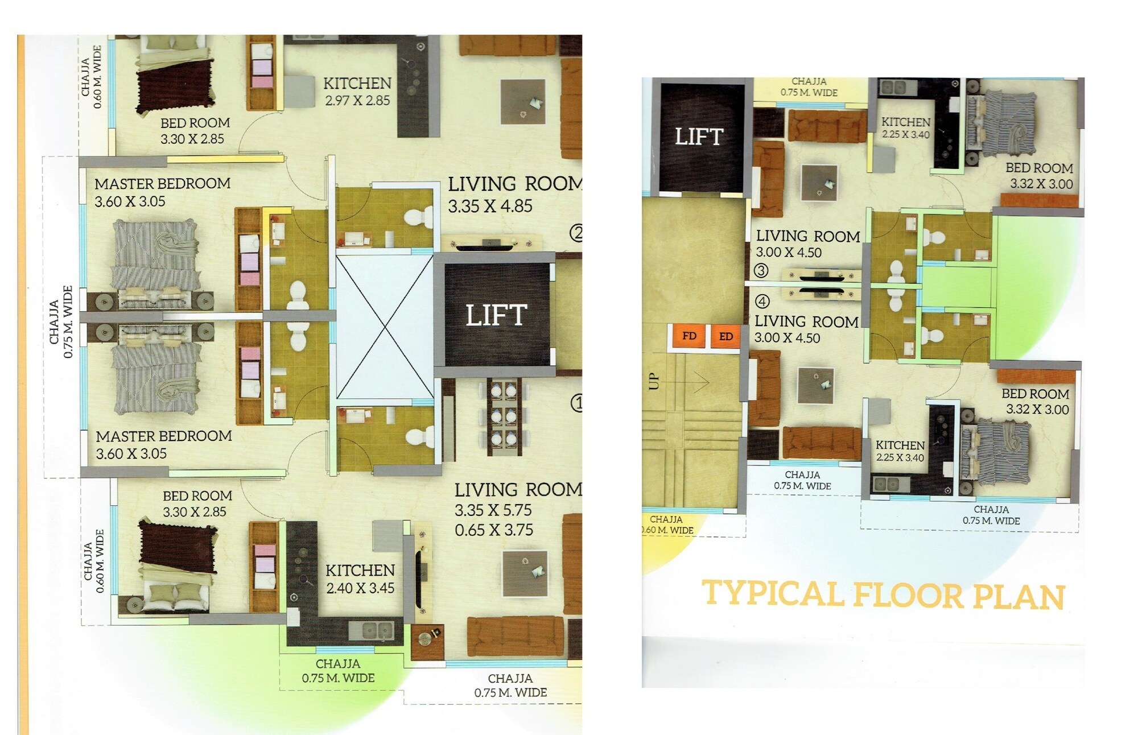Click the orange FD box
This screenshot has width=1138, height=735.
pyautogui.click(x=689, y=336)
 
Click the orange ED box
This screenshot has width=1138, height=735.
pyautogui.click(x=725, y=336)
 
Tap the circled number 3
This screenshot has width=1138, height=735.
pyautogui.click(x=761, y=271)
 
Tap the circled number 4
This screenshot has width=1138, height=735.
pyautogui.click(x=762, y=301)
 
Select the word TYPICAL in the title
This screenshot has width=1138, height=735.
pyautogui.click(x=772, y=594)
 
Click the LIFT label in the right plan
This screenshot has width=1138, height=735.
pyautogui.click(x=699, y=137)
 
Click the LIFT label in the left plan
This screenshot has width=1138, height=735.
pyautogui.click(x=496, y=315)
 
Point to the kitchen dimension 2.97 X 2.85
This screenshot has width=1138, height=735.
pyautogui.click(x=357, y=101)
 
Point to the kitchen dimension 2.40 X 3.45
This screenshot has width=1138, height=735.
pyautogui.click(x=360, y=588)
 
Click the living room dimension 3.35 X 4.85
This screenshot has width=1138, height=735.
pyautogui.click(x=490, y=206)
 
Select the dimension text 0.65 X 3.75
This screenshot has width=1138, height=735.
pyautogui.click(x=494, y=530)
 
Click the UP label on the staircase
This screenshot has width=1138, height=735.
pyautogui.click(x=654, y=381)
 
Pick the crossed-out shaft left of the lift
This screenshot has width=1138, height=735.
pyautogui.click(x=385, y=327)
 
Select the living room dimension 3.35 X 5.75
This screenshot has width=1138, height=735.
pyautogui.click(x=493, y=510)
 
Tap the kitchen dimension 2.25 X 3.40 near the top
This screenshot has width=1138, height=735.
pyautogui.click(x=905, y=135)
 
